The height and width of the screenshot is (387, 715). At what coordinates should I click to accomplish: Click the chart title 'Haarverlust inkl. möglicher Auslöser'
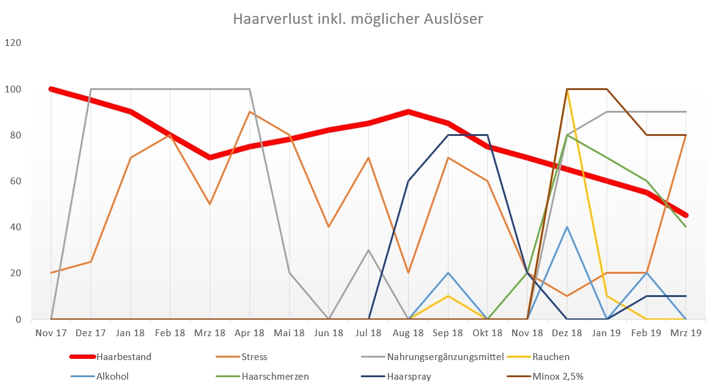click(358, 20)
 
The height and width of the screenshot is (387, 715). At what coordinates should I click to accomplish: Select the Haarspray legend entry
click(409, 376)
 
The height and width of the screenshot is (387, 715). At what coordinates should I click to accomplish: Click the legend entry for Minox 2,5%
click(558, 376)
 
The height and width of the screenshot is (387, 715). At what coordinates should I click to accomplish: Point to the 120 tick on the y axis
click(13, 43)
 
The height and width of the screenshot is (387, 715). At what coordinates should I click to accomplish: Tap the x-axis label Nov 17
click(51, 333)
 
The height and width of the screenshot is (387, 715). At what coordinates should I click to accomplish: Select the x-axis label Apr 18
click(249, 333)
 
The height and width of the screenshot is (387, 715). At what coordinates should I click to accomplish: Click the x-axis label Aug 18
click(408, 333)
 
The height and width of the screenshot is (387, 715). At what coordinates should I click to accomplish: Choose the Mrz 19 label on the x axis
click(686, 333)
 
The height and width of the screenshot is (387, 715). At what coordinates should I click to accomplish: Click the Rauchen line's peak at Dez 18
click(567, 89)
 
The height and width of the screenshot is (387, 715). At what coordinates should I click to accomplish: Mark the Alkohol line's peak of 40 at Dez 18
click(567, 227)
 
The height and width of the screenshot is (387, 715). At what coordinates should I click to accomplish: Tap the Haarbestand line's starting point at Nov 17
click(51, 89)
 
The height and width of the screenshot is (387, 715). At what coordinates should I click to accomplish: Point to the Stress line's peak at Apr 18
click(249, 112)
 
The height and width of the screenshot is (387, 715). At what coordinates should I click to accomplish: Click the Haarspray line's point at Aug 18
click(408, 181)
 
